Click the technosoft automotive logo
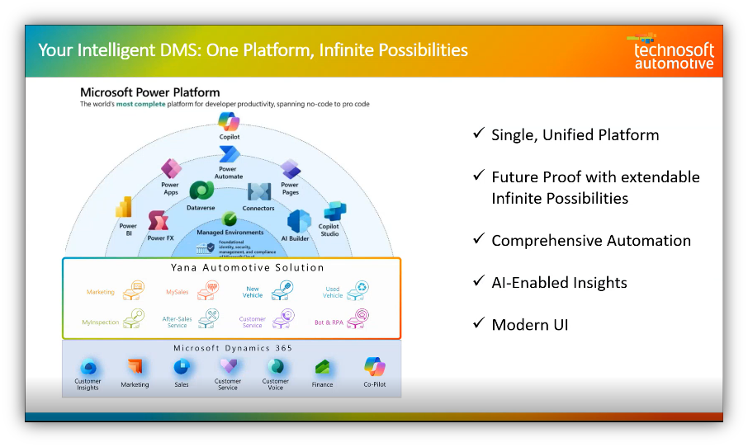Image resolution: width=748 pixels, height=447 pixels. (673, 52)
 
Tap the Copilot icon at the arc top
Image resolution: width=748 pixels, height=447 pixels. (229, 122)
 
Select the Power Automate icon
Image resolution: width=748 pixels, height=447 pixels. (229, 154)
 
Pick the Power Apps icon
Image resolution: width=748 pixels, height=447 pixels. (171, 169)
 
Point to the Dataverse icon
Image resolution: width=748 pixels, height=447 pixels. (201, 191)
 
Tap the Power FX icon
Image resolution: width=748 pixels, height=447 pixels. (160, 221)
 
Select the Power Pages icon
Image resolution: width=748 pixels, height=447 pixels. (290, 169)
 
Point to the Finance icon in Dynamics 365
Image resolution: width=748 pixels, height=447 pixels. (323, 367)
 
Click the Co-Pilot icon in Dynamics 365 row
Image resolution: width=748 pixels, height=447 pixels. (374, 366)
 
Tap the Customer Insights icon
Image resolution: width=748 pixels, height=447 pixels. (88, 367)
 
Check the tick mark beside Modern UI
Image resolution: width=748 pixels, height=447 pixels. (478, 323)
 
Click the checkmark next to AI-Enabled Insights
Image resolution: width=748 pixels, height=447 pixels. (478, 281)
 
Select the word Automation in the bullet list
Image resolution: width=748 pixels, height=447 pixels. (649, 241)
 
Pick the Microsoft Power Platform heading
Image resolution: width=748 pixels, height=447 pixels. (149, 92)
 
